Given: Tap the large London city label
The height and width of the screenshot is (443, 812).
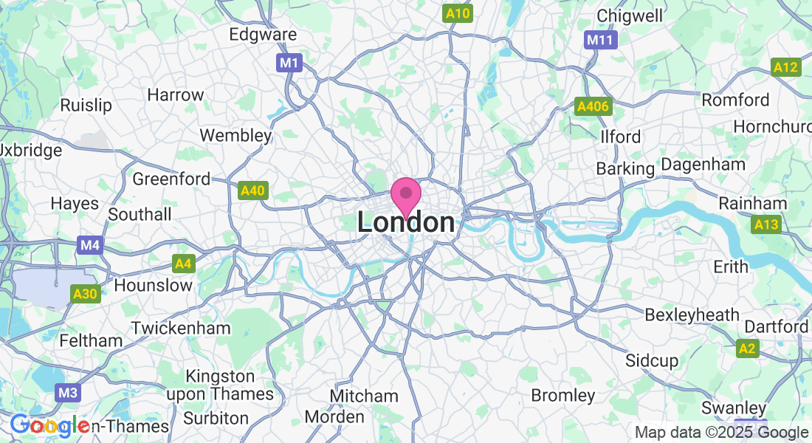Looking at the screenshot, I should click(406, 222).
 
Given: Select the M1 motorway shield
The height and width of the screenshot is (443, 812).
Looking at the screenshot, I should click(289, 63).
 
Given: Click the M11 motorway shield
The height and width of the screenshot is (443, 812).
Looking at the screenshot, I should click(599, 40).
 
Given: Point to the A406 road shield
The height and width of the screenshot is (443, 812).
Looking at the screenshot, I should click(593, 107).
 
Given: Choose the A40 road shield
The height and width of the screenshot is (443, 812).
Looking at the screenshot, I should click(252, 191).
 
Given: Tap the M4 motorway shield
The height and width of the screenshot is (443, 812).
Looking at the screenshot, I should click(89, 244).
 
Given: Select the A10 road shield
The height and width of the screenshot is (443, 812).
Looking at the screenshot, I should click(458, 13).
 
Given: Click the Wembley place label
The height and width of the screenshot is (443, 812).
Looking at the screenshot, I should click(236, 136).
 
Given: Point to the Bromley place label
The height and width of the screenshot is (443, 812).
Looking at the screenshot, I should click(563, 396).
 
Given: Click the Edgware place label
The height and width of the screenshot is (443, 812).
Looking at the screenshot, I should click(263, 35).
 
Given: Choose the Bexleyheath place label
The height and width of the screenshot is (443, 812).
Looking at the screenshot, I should click(692, 315).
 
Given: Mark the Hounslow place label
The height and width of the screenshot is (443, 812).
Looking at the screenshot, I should click(154, 285).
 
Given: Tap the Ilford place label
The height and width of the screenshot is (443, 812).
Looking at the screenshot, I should click(620, 137).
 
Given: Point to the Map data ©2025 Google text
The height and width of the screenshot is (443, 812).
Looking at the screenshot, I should click(721, 433).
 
